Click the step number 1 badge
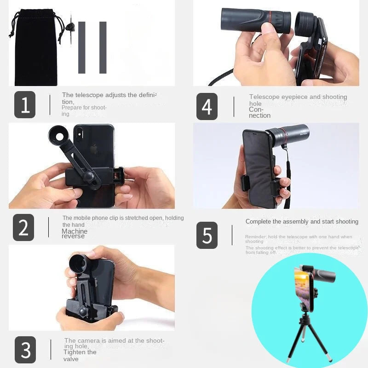point(25,105)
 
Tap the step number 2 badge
point(23,227)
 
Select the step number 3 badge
point(25,350)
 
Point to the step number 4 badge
point(207,106)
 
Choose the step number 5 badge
point(207,235)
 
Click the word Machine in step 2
point(74,231)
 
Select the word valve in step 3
point(71,359)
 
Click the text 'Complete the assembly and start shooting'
point(302,222)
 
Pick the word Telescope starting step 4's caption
point(264,97)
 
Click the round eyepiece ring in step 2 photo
point(60,137)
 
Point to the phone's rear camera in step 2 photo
point(79,134)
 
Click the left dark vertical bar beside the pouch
point(82,47)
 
